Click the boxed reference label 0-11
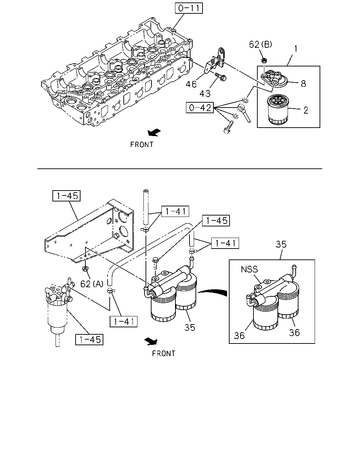(x=189, y=8)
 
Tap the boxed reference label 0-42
(x=200, y=108)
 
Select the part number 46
(x=191, y=84)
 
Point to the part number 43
(x=205, y=94)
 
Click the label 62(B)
(x=261, y=44)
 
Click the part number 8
(x=303, y=84)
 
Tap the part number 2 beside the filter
(x=306, y=110)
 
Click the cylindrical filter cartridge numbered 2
(x=278, y=110)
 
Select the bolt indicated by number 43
(x=221, y=77)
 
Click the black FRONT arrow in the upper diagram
(x=154, y=133)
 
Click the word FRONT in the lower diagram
(x=163, y=353)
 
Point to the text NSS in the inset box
(x=249, y=269)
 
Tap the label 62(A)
(x=92, y=284)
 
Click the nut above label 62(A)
(x=85, y=268)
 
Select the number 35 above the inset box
(x=281, y=244)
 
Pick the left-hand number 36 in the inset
(x=239, y=336)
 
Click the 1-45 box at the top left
(x=66, y=196)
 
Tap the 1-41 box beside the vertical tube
(x=175, y=211)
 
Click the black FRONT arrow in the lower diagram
(x=151, y=341)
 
